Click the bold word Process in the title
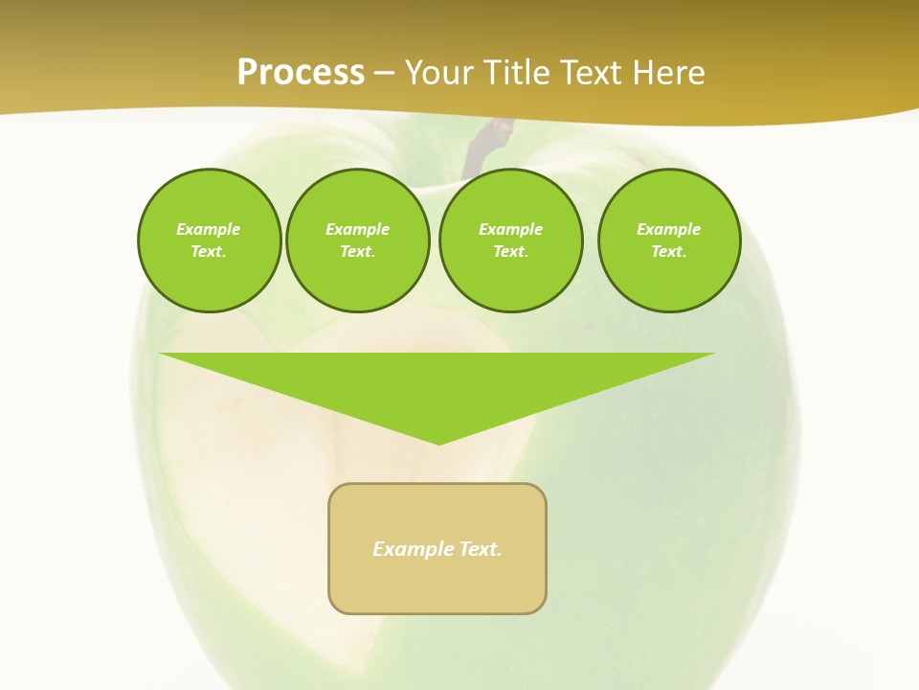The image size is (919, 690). [301, 73]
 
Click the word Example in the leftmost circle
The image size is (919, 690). [209, 229]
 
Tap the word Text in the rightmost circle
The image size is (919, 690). [668, 251]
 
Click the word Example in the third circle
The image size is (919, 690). [510, 229]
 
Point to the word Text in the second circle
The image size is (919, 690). [357, 251]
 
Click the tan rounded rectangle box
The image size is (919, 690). [437, 585]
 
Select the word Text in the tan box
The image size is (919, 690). [481, 549]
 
